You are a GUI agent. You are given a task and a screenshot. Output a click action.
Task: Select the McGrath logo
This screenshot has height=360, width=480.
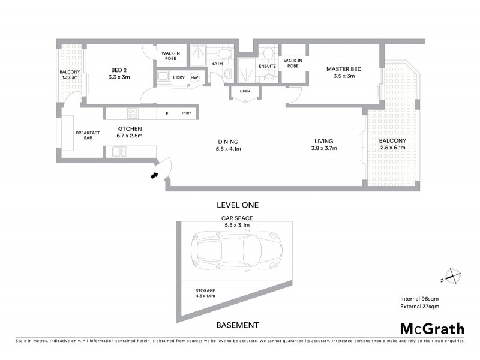432,328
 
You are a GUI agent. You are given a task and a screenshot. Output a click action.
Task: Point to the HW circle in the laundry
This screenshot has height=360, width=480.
194,78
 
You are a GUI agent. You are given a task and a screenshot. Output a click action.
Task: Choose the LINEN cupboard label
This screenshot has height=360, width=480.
244,91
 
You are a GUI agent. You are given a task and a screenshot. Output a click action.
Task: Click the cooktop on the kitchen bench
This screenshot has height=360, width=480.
133,113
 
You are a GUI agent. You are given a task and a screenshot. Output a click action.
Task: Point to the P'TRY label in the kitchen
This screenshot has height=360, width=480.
187,113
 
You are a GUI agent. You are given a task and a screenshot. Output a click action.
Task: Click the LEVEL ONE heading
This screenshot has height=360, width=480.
238,205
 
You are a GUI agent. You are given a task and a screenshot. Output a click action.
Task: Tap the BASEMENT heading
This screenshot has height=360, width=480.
237,325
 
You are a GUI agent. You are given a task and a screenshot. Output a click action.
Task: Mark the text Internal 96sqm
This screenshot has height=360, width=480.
420,298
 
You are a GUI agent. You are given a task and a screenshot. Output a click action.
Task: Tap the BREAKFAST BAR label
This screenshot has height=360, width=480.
83,136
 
